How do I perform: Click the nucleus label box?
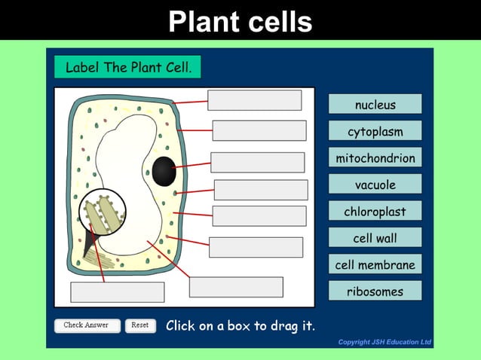click(375, 104)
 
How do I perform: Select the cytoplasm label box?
click(375, 131)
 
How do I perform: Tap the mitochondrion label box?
click(375, 158)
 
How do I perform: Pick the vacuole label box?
click(375, 185)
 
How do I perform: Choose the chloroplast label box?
click(375, 212)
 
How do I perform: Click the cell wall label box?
click(375, 238)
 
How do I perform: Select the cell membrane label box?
click(375, 264)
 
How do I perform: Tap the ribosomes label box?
click(375, 291)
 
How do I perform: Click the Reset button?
click(140, 325)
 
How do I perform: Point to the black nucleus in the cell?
click(164, 172)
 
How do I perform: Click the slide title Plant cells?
click(240, 21)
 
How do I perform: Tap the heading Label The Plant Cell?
click(128, 67)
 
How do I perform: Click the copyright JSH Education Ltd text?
click(384, 343)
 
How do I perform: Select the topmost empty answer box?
click(254, 100)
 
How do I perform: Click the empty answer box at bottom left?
click(117, 291)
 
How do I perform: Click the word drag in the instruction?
click(277, 326)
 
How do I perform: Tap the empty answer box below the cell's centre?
click(236, 287)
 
